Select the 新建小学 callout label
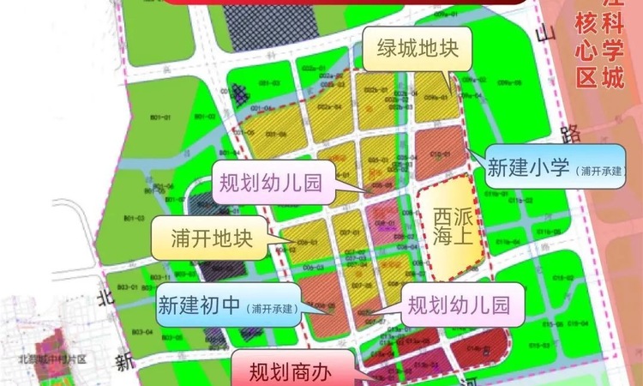[x=556, y=167]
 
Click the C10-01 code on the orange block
[x=440, y=154]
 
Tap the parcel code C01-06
[x=275, y=135]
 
